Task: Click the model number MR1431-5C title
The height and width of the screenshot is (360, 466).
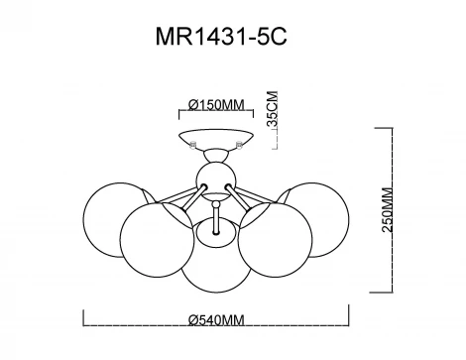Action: (x=221, y=37)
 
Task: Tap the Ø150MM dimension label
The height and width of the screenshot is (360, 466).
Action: (x=216, y=105)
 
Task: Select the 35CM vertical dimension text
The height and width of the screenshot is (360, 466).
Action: (x=273, y=108)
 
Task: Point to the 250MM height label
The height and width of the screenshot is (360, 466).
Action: (x=388, y=210)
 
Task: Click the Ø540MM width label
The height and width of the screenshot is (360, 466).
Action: (x=216, y=320)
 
